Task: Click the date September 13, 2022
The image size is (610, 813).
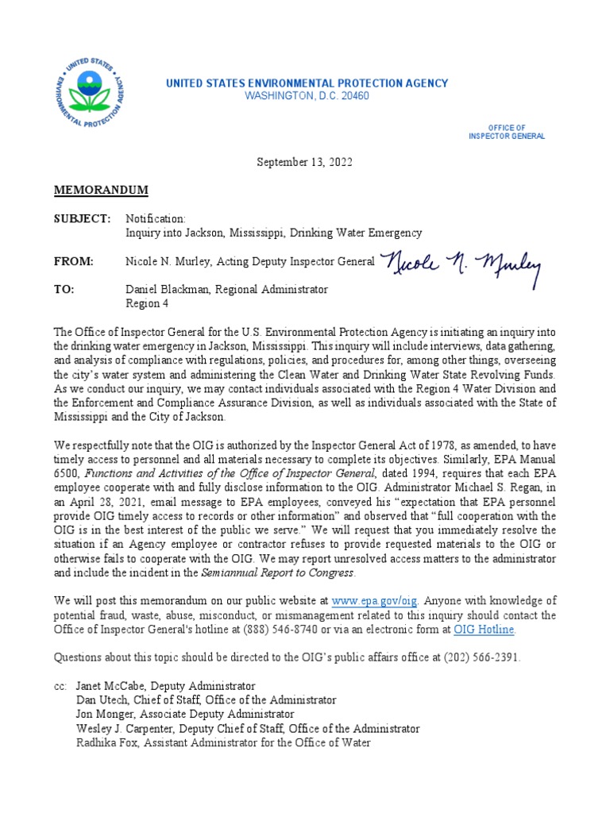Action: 304,162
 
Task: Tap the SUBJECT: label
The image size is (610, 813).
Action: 82,218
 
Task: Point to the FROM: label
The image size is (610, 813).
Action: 74,261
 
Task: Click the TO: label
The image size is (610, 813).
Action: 64,290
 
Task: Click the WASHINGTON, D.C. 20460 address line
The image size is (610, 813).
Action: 307,96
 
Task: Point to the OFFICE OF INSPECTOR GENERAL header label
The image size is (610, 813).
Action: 507,132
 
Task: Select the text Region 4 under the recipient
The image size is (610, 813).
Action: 147,303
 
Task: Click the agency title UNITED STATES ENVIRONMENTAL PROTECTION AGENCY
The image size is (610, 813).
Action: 307,83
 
